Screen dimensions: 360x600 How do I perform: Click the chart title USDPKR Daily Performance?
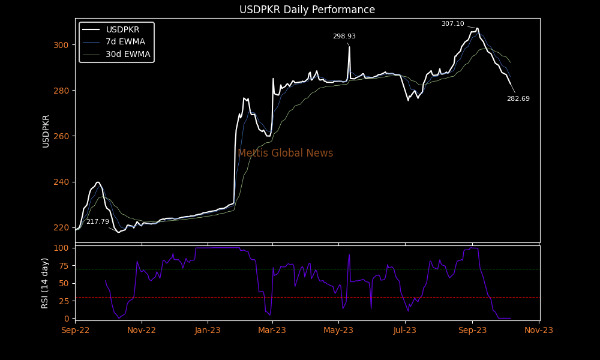(x=307, y=10)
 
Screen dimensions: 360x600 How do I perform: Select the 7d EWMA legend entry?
(x=125, y=41)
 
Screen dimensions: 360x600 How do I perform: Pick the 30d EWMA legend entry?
(x=128, y=54)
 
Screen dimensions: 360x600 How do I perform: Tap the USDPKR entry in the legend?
(x=122, y=29)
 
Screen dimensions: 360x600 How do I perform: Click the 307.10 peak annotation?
(x=452, y=24)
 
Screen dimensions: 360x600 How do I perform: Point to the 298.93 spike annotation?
(x=344, y=37)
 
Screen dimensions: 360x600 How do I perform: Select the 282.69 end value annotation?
(x=518, y=99)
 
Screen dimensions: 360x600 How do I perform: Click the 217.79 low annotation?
(x=98, y=222)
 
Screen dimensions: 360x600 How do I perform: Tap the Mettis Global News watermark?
(x=285, y=153)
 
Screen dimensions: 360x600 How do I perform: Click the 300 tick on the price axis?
(x=61, y=45)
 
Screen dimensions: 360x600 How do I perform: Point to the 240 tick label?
(x=61, y=182)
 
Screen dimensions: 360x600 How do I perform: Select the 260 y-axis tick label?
(x=61, y=136)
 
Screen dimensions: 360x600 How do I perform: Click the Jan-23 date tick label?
(x=208, y=330)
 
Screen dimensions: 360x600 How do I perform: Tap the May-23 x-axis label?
(x=338, y=330)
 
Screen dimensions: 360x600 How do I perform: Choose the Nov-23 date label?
(x=538, y=330)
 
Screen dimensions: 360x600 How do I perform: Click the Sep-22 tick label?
(x=76, y=330)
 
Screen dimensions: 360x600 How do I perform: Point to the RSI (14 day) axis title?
(x=45, y=283)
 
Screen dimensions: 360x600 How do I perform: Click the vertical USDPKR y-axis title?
(x=46, y=131)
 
